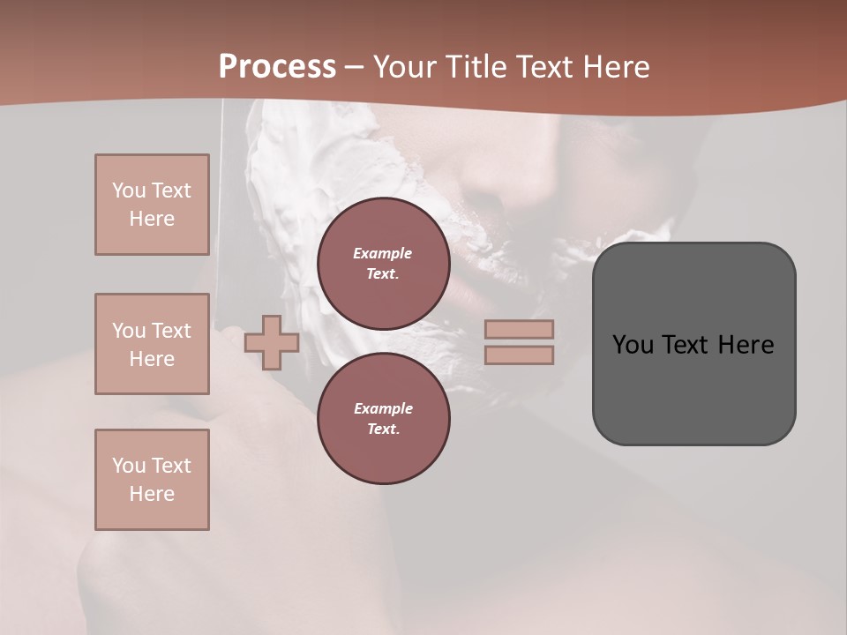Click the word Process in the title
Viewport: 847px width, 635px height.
277,67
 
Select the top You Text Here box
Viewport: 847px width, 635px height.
152,205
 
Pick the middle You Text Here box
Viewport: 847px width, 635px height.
152,344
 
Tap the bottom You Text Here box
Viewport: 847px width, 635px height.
152,480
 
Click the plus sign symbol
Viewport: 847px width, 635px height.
272,342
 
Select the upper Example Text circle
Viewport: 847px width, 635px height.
384,264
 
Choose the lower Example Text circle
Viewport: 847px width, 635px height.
384,419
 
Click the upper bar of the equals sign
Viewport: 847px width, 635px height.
520,329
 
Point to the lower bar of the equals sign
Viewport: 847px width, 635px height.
520,355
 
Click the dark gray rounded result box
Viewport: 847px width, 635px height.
693,344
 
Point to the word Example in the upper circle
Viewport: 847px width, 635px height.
383,253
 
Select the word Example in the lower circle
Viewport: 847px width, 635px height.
383,408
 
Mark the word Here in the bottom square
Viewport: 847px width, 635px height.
152,494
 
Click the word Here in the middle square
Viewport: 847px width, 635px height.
152,359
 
